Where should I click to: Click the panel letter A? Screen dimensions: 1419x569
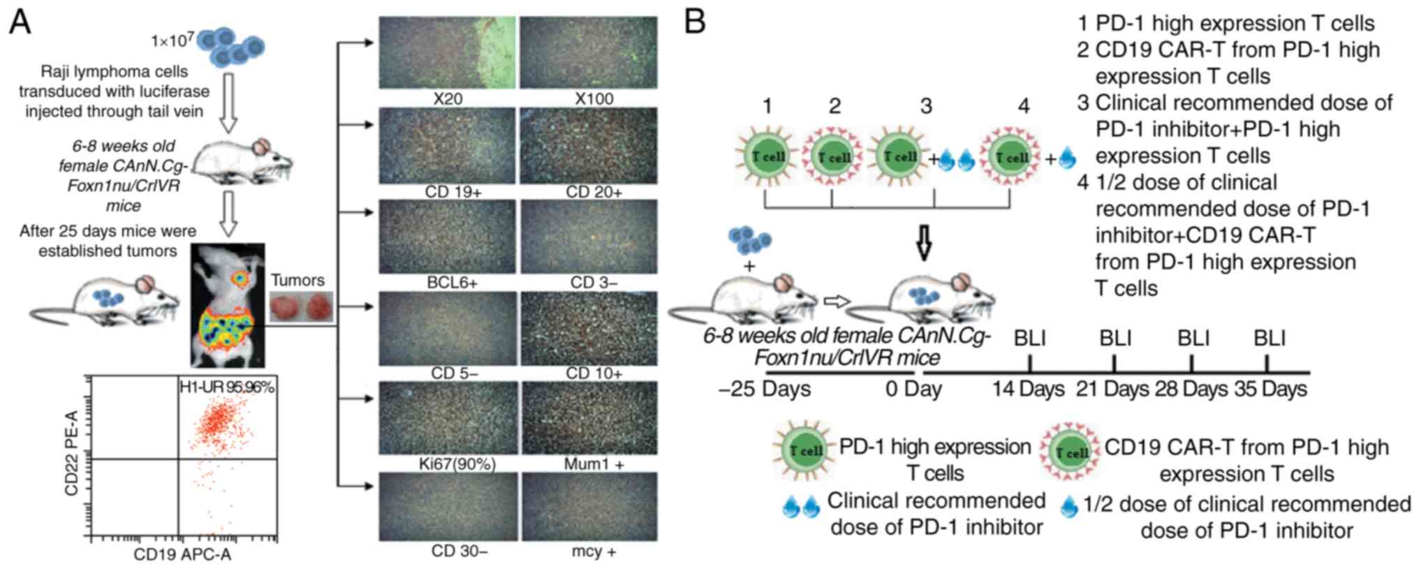coord(20,22)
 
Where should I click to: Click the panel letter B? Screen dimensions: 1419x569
coord(694,22)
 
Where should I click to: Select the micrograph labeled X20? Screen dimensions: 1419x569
coord(447,52)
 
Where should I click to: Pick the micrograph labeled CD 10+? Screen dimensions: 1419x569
coord(589,328)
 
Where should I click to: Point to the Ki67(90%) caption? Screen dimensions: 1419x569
coord(457,464)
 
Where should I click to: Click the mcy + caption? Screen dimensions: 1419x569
coord(594,552)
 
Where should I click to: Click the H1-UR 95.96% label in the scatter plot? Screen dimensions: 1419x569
coord(227,387)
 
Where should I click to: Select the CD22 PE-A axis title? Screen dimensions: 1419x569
coord(71,454)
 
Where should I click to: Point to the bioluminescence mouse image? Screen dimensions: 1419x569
coord(228,305)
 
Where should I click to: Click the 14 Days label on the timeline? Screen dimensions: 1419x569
coord(1028,389)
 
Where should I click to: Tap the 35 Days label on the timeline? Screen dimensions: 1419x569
coord(1270,389)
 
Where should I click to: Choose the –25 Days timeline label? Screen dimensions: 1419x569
coord(765,389)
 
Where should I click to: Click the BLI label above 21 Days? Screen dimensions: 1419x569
coord(1115,339)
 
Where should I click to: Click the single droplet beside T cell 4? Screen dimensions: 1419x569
coord(1066,160)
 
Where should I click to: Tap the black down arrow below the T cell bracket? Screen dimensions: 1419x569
coord(924,241)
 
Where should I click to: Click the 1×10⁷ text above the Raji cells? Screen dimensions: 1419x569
coord(172,40)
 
